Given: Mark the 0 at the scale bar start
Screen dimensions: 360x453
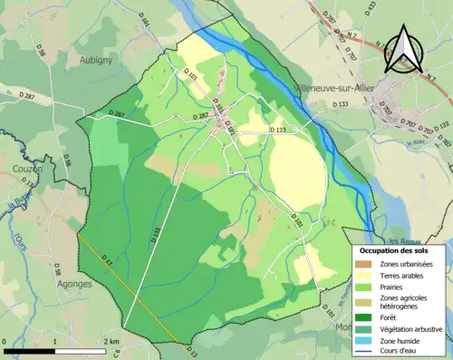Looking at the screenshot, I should [6, 341].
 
